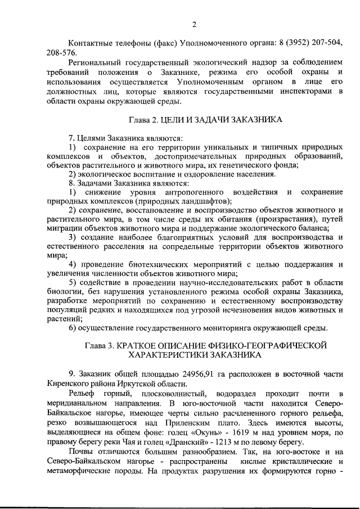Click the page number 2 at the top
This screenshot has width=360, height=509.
pos(193,24)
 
